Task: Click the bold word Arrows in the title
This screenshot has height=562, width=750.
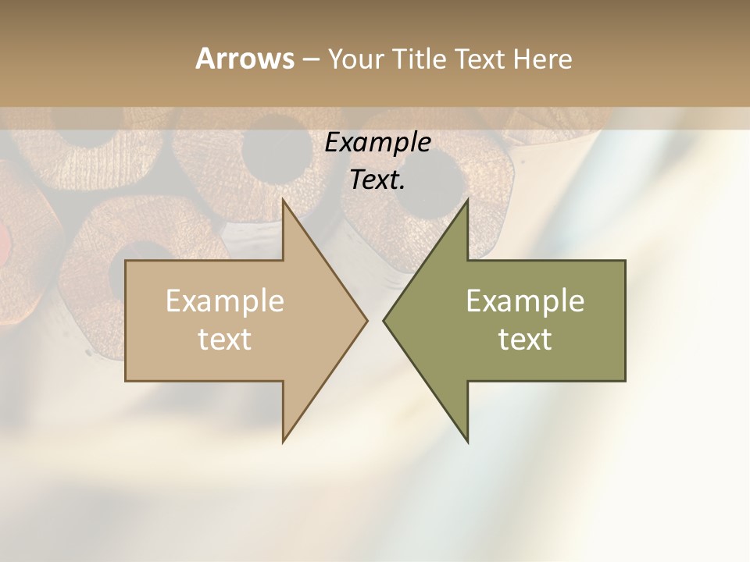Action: click(244, 59)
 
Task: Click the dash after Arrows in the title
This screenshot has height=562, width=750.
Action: click(309, 59)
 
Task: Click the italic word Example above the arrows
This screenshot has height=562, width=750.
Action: click(377, 143)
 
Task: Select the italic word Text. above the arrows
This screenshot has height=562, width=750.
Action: click(377, 180)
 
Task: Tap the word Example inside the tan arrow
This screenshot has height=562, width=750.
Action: click(225, 301)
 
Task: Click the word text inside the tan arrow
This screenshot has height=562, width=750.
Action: click(225, 340)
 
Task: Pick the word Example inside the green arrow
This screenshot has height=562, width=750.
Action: click(525, 301)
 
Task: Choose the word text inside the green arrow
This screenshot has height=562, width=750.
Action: click(525, 340)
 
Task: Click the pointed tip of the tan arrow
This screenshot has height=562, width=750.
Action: click(366, 320)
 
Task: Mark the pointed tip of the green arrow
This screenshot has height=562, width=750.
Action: click(385, 320)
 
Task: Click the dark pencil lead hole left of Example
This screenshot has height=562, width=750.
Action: click(270, 148)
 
